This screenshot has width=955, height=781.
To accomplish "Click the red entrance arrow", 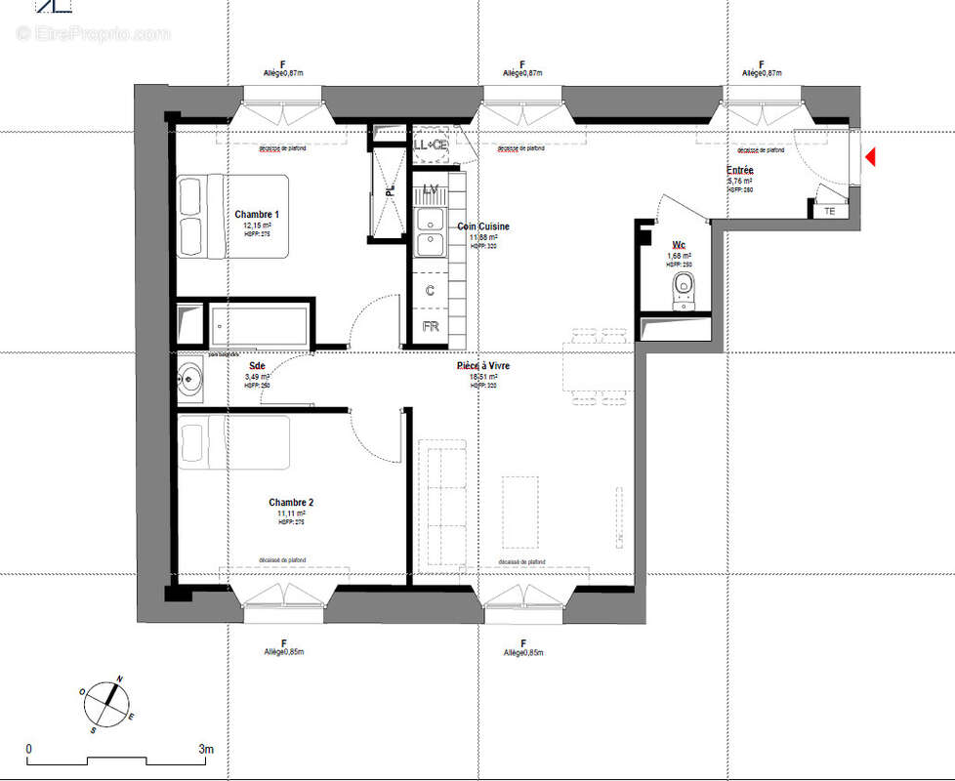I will [870, 156].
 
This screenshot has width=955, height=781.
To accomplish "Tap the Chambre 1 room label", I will [257, 215].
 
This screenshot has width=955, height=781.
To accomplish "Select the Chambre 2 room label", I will [291, 503].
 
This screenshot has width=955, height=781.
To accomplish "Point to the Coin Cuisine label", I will [483, 226].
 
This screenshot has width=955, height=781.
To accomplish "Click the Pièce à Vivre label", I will [483, 366].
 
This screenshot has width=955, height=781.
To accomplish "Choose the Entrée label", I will [739, 171].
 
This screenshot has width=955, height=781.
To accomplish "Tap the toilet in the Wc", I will [684, 288].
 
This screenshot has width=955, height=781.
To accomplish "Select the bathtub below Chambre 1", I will [260, 325].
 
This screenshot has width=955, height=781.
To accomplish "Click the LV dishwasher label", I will [430, 188].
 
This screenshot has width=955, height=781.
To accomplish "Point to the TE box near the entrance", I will [829, 210].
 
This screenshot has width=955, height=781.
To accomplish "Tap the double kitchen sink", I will [430, 230].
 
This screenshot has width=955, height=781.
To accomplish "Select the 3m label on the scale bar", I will [206, 749].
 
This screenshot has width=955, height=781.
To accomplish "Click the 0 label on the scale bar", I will [28, 749].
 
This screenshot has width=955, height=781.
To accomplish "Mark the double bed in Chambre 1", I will [232, 216].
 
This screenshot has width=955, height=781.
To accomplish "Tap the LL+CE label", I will [430, 145].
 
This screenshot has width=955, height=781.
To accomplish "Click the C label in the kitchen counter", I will [430, 290].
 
